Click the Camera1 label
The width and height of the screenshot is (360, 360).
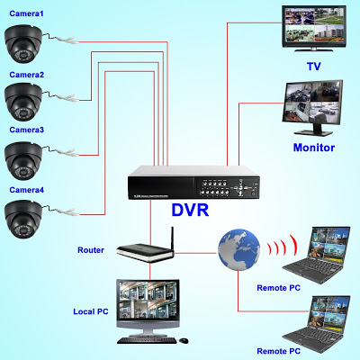(x=26, y=13)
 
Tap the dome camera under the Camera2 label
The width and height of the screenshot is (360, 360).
(x=23, y=102)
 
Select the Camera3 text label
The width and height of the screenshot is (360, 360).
(x=26, y=130)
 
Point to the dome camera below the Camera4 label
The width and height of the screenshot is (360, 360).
(x=23, y=219)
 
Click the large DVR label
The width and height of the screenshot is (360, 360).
(x=190, y=210)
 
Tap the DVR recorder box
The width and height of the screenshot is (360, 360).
(x=193, y=183)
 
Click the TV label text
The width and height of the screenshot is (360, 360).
(x=314, y=67)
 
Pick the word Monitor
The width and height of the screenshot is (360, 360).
(x=314, y=148)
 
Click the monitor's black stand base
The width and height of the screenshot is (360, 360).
(x=313, y=133)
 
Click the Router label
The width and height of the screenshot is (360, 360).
(x=91, y=250)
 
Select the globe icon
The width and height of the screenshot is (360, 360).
(x=238, y=249)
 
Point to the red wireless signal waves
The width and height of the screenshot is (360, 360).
(x=282, y=247)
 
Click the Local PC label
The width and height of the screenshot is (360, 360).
(x=91, y=311)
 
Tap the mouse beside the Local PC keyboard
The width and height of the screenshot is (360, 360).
(x=184, y=340)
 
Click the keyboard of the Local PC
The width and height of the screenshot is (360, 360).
(x=147, y=340)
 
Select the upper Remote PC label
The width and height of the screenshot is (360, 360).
(x=278, y=288)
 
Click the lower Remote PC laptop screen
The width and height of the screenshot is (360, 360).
(x=330, y=312)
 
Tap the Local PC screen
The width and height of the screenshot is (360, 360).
(x=148, y=301)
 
